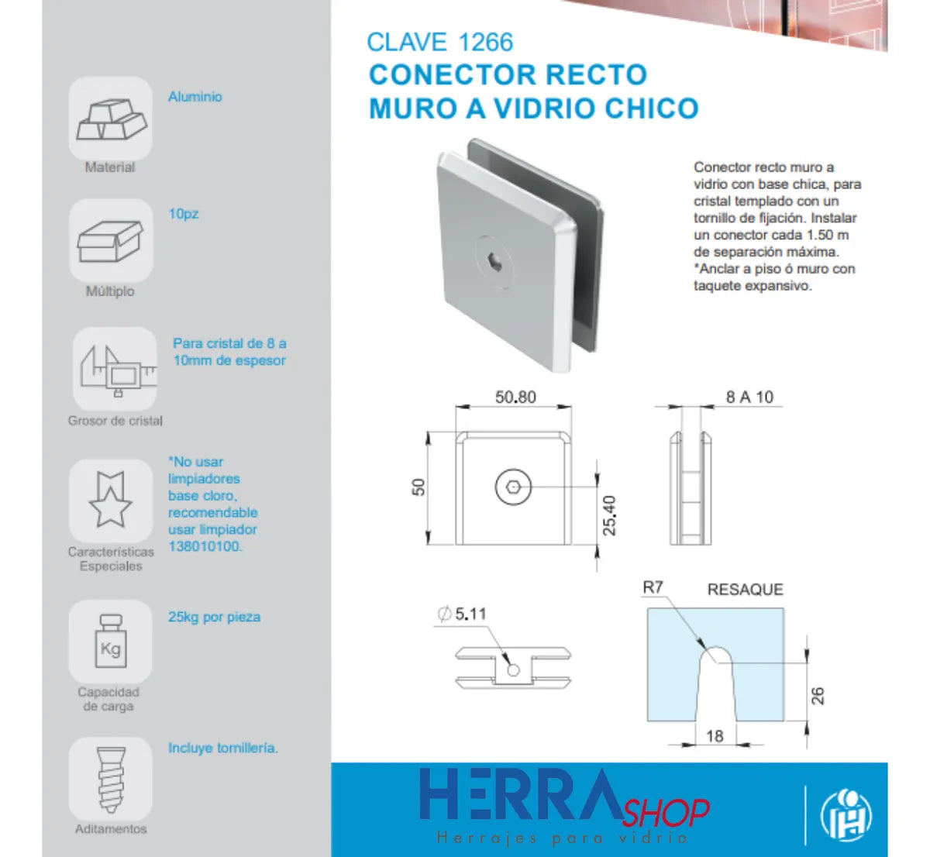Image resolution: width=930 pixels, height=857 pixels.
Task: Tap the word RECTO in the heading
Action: click(x=596, y=75)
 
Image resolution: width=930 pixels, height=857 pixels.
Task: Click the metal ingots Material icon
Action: click(x=111, y=119)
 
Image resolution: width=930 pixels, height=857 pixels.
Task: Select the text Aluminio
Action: click(x=195, y=97)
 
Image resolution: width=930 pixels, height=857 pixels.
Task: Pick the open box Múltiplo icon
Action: click(x=111, y=241)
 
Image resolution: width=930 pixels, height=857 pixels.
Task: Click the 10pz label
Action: click(x=184, y=214)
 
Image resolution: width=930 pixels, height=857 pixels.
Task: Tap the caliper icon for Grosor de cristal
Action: click(x=115, y=369)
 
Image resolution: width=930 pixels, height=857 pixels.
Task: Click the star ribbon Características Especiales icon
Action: click(x=110, y=500)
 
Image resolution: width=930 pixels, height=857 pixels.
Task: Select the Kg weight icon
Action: click(x=110, y=641)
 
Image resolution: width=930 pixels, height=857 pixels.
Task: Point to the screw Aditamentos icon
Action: click(x=110, y=779)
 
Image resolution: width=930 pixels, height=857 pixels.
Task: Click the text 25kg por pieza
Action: click(x=214, y=617)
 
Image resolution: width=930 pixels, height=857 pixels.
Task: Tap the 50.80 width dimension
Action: click(x=515, y=397)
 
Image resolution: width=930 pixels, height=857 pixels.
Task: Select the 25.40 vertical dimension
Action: click(x=610, y=515)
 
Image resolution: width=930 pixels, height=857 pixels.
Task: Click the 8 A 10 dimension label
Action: click(x=749, y=398)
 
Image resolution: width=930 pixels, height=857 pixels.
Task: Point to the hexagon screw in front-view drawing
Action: click(x=513, y=487)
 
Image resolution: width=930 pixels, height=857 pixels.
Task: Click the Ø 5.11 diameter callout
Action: click(x=463, y=614)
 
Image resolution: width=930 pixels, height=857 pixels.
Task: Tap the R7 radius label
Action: click(x=653, y=587)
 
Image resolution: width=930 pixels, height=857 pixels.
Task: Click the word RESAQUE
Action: click(x=745, y=590)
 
